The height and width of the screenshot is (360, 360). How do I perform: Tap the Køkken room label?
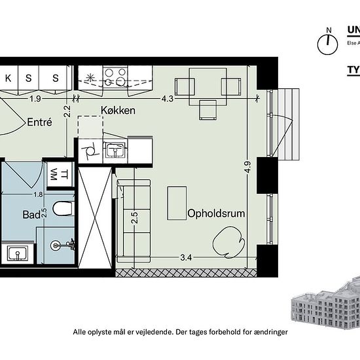(x=118, y=110)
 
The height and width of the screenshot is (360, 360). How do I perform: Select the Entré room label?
(x=40, y=122)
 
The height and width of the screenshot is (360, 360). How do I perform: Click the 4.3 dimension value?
(x=167, y=99)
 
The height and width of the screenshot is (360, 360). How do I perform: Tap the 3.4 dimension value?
(x=185, y=257)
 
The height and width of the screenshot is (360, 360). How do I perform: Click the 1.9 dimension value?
(x=35, y=99)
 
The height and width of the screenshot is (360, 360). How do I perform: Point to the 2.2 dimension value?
(x=67, y=111)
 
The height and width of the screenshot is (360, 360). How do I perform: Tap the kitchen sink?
(x=115, y=151)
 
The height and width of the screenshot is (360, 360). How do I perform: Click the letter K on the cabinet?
(x=9, y=78)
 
